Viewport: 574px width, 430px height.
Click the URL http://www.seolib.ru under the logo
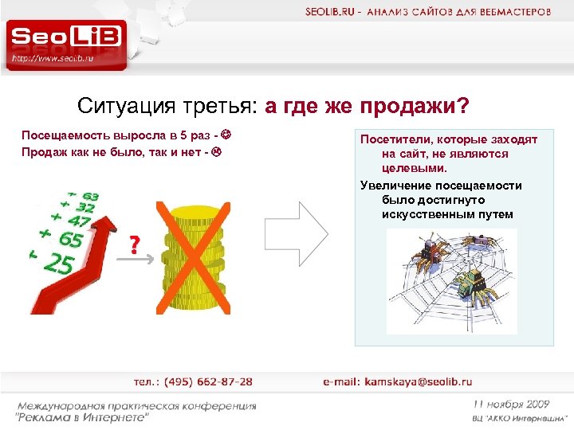click(x=53, y=58)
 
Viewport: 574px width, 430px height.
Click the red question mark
click(x=136, y=244)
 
